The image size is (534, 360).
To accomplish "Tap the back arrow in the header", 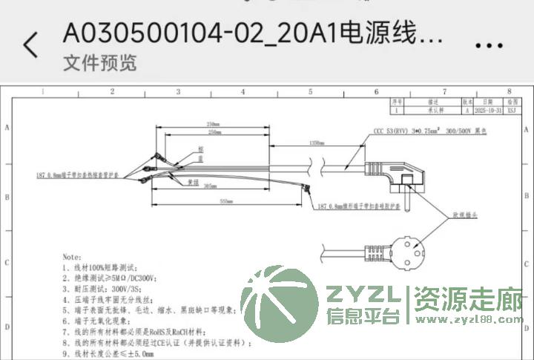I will tap(30, 45).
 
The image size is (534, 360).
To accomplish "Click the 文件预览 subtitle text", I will tap(100, 63).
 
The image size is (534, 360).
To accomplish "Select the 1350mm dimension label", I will tap(316, 142).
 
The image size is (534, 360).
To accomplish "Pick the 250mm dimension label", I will tap(216, 132).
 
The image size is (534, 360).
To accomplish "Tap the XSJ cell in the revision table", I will tap(512, 109).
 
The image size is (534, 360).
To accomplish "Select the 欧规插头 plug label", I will tap(464, 214).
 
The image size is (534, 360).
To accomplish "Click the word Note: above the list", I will tap(73, 254).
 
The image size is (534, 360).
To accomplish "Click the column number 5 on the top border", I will tap(310, 91).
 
